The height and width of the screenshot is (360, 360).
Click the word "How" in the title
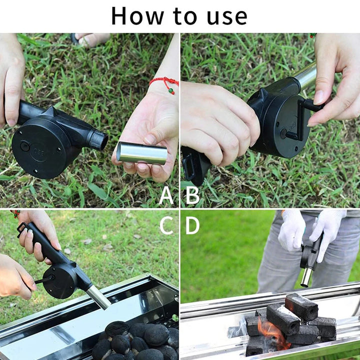(137, 16)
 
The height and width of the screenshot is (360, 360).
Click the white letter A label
(166, 195)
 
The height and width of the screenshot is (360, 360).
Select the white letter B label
(192, 195)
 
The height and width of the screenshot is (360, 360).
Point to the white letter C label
(166, 225)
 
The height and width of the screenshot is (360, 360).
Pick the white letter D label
(192, 225)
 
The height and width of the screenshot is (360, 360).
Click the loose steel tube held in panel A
(141, 153)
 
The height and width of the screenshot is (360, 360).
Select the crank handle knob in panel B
(314, 105)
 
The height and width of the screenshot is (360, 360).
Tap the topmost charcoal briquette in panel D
(301, 306)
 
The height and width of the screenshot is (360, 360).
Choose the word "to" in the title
(185, 16)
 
